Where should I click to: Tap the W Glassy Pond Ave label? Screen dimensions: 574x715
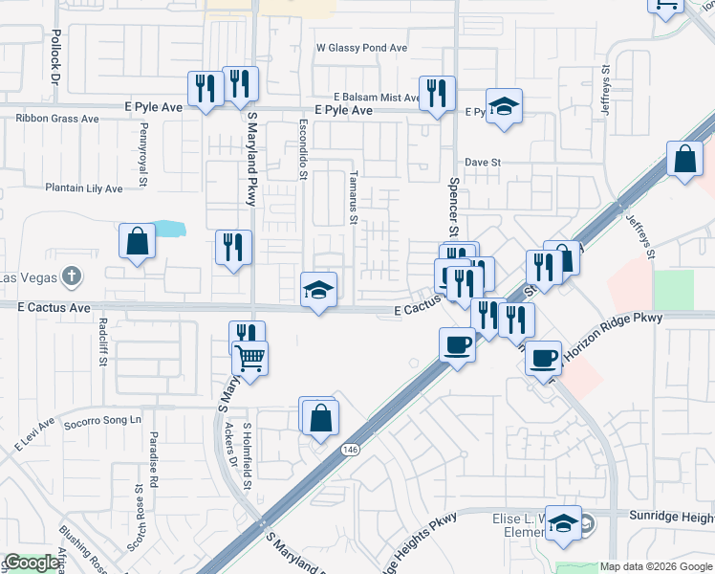(362, 47)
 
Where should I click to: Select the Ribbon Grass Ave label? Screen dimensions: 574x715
(57, 120)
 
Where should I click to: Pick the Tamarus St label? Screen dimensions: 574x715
(353, 198)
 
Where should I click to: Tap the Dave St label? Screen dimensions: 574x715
(483, 163)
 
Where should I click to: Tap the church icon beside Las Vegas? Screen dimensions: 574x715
(70, 278)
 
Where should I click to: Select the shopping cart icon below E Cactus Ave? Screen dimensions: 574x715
(249, 358)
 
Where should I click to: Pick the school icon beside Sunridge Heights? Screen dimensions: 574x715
(564, 522)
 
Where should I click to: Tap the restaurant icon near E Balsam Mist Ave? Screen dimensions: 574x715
(437, 94)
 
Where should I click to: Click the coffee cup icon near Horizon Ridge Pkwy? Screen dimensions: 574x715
(543, 358)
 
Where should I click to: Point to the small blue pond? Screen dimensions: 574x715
(167, 229)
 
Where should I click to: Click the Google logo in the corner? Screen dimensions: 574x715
(32, 563)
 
